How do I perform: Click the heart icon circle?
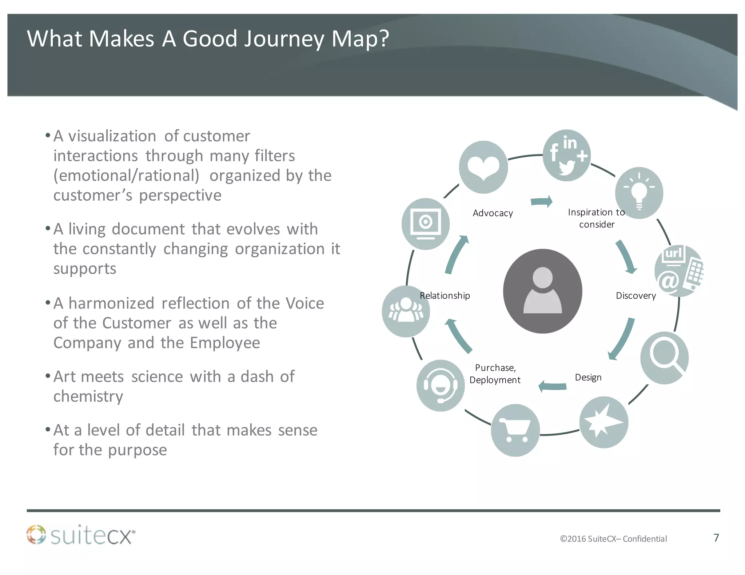[483, 167]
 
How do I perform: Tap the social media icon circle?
[566, 155]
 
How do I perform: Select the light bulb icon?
[639, 193]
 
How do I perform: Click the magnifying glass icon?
[664, 358]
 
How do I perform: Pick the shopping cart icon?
[515, 430]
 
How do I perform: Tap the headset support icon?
[441, 386]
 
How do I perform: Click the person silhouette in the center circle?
[542, 291]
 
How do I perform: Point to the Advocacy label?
[493, 213]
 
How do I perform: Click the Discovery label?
[636, 295]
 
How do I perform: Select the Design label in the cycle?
[588, 377]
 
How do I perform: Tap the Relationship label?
[445, 295]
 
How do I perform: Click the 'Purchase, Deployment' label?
[495, 374]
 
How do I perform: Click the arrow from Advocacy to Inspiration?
[542, 201]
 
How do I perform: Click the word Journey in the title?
[284, 39]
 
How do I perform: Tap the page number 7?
[716, 538]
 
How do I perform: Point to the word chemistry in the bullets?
[88, 396]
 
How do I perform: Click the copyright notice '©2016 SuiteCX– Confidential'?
[613, 539]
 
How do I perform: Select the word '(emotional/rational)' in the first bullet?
[126, 176]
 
